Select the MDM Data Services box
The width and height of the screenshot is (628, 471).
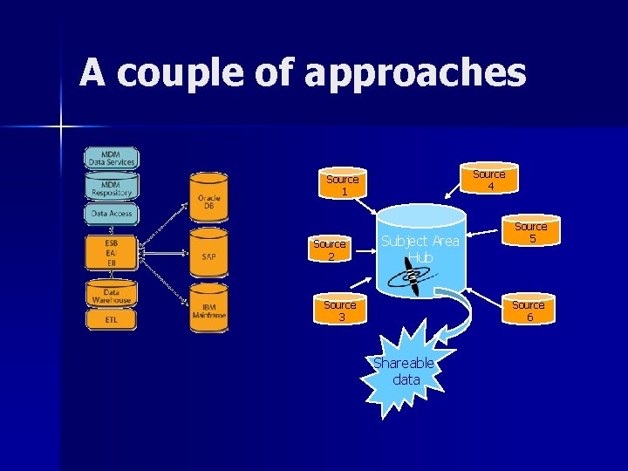(x=112, y=158)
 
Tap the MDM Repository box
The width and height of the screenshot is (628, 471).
(x=112, y=186)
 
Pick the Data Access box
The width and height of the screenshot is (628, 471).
(x=112, y=213)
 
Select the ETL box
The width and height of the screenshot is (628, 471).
(x=111, y=320)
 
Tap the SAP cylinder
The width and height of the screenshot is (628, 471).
(x=209, y=254)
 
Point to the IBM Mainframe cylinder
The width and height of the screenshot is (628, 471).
(x=209, y=310)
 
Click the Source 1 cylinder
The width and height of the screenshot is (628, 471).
(x=342, y=184)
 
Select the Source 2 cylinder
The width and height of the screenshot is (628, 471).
(x=330, y=249)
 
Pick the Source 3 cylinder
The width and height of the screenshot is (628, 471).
(x=339, y=310)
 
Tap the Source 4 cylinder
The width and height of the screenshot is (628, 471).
(x=489, y=179)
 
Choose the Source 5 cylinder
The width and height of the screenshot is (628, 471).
(x=530, y=232)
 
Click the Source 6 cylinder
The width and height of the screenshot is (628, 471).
(x=528, y=310)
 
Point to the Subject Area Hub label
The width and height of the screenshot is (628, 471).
(x=420, y=249)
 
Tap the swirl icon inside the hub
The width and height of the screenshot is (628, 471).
(x=409, y=278)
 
